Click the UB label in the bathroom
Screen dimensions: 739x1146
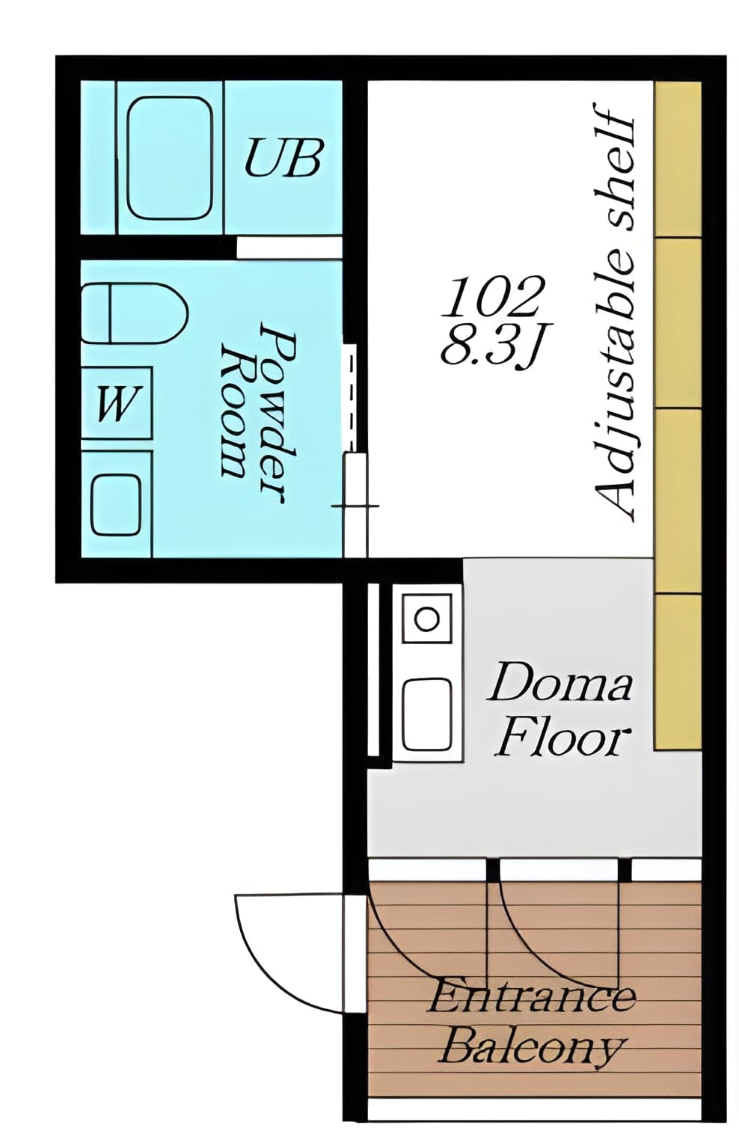(x=283, y=157)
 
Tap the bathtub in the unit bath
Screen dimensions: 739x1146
(x=171, y=158)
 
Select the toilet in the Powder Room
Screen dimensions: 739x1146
(x=135, y=313)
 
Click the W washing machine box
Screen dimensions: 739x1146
(x=117, y=402)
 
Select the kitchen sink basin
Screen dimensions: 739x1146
(x=427, y=713)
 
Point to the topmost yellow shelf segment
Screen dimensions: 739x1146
(x=678, y=159)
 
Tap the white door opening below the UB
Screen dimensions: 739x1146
(x=289, y=248)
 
